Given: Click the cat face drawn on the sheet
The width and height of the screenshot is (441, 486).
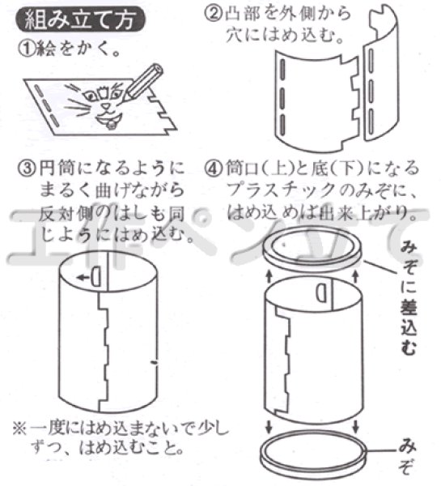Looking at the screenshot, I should pos(108,105).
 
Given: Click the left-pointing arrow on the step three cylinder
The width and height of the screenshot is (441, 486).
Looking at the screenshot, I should pos(83,275).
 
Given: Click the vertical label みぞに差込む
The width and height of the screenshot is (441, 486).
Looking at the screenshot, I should pos(409,303).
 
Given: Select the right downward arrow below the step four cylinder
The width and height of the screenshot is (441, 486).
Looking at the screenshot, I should pos(357,427).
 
